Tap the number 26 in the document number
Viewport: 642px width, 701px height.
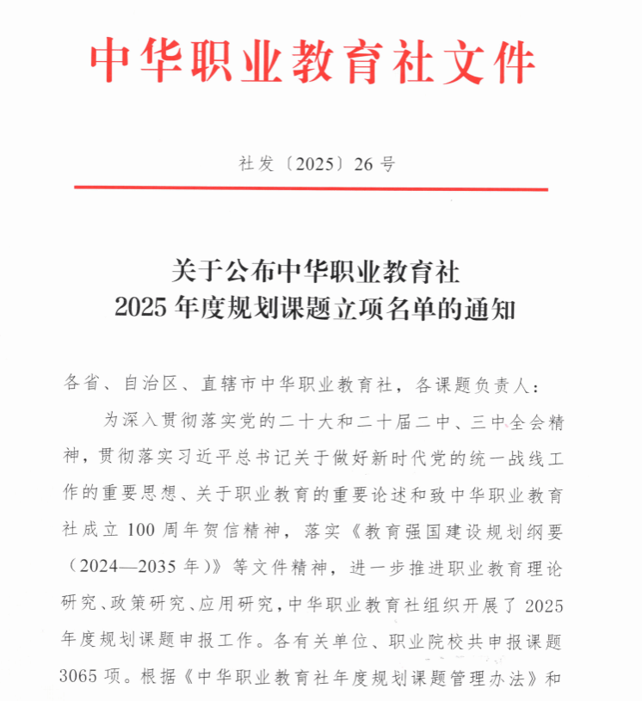[365, 164]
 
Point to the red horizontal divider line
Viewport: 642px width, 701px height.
[311, 188]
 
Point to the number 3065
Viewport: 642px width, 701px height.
[84, 679]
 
